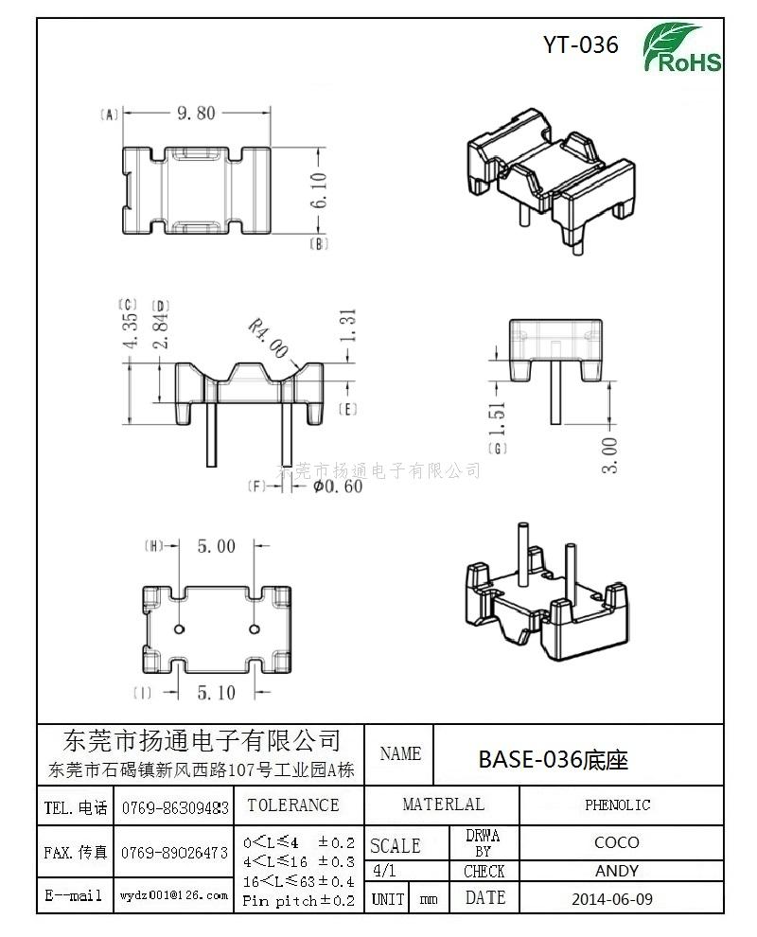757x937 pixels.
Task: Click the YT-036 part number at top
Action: tap(581, 44)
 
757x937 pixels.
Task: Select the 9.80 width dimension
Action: tap(196, 113)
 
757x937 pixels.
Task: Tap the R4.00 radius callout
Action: tap(268, 338)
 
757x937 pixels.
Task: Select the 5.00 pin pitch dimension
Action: tap(216, 546)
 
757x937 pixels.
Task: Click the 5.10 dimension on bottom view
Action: tap(216, 693)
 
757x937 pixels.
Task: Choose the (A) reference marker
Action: tap(108, 115)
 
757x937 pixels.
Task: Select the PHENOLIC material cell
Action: tap(617, 805)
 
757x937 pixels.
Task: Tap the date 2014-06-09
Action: tap(612, 898)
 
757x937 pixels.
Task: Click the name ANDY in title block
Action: tap(616, 871)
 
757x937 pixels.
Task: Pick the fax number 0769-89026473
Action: tap(174, 853)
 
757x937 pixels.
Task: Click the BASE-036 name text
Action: tap(553, 759)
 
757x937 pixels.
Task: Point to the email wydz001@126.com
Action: tap(174, 894)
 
